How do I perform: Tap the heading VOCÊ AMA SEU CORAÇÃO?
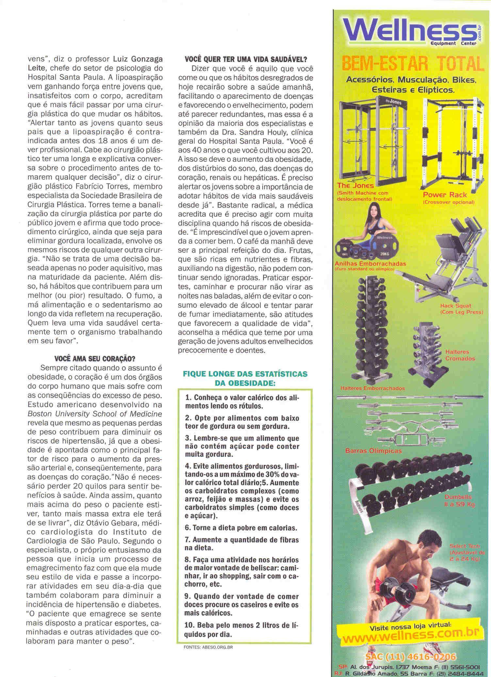[95, 359]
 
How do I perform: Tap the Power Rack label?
[445, 195]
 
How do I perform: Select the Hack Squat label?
[456, 306]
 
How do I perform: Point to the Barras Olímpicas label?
[374, 451]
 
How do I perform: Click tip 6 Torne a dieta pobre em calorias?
[241, 527]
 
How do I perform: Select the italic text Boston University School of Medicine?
[95, 414]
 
